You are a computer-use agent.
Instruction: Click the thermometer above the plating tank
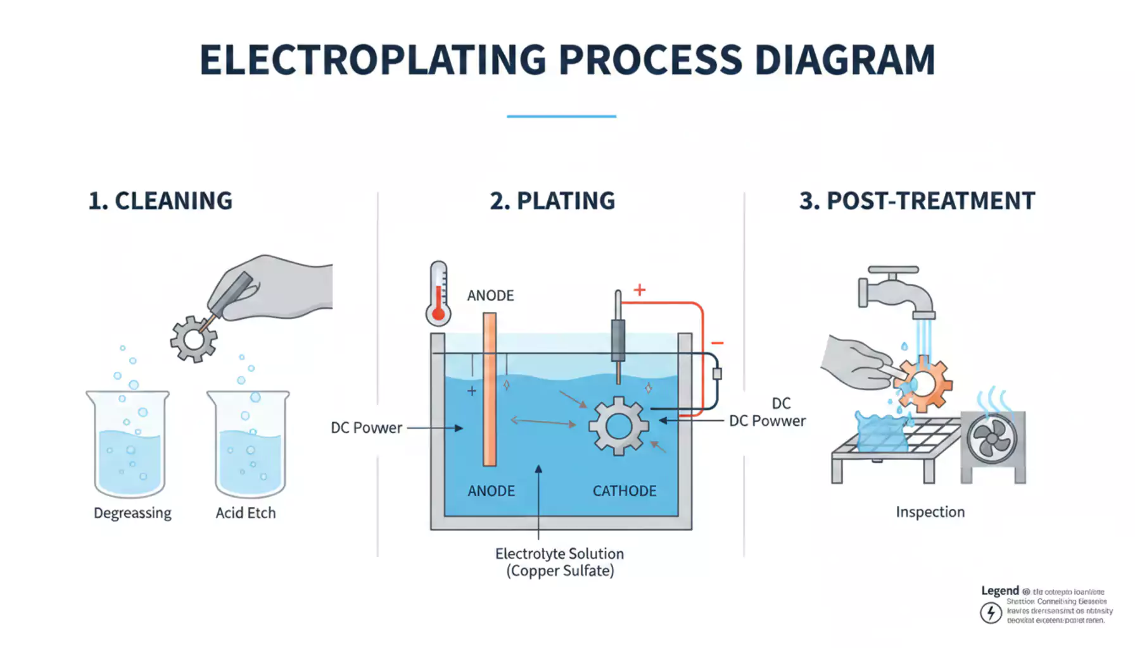438,295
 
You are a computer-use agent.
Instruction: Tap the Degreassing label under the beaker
132,513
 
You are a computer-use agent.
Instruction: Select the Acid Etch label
246,513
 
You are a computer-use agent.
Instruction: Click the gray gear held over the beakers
193,339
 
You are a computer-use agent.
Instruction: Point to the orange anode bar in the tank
490,390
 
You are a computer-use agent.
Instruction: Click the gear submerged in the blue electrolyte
618,426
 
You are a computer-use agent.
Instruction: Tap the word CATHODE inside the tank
625,491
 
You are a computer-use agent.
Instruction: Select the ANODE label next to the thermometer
490,296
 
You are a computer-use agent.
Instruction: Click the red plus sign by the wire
640,290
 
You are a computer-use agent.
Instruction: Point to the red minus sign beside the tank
717,343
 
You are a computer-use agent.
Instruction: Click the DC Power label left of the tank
366,428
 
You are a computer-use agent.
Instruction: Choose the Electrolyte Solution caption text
560,554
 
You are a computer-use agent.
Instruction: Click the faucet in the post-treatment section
894,291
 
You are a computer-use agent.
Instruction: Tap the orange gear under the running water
925,383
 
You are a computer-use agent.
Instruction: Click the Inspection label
930,512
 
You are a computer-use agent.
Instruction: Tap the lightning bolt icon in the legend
991,613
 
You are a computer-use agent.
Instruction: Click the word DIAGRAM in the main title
845,61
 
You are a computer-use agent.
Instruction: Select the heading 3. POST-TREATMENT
916,201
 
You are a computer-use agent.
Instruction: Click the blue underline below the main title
561,116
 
